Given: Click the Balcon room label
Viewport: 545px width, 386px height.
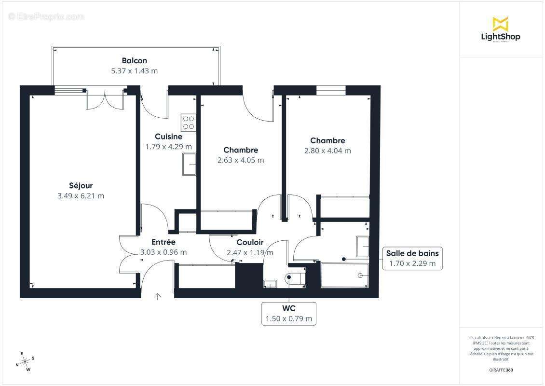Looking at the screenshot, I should point(134,61).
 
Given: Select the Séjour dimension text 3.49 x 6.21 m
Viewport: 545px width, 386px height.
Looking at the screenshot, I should point(81,196).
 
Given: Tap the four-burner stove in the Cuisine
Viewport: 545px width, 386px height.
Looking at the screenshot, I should point(188,123).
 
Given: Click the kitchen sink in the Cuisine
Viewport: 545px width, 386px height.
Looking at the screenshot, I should point(189,164).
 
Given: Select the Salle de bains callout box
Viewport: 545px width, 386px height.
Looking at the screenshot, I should point(412,258).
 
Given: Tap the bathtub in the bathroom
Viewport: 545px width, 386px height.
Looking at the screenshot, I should point(344,275).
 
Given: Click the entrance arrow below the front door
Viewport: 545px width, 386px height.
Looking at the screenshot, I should point(157,296).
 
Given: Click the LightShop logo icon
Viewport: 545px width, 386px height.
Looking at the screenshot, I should point(500,24).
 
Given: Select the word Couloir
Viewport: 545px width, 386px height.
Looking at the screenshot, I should point(250,243).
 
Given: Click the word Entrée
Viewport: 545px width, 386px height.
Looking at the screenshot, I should point(163,242).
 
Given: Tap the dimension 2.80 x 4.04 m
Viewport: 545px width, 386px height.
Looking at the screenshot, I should point(327,151).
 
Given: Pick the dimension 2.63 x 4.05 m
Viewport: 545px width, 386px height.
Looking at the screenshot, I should point(241,160).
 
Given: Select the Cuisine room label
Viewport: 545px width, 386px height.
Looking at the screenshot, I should point(168,137).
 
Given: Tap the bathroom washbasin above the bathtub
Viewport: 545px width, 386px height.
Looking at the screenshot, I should point(362,247).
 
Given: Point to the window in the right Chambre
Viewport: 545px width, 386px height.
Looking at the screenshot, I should point(331,90).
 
